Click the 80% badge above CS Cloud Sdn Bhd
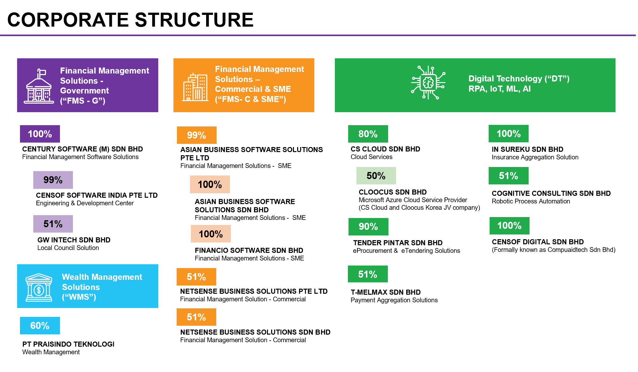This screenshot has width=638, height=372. click(368, 134)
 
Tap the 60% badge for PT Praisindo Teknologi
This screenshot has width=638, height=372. click(40, 325)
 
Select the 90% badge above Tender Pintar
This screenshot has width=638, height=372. click(368, 227)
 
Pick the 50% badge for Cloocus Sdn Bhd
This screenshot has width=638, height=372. click(376, 176)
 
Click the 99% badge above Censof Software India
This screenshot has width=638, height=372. click(53, 180)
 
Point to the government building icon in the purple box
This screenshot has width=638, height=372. click(39, 86)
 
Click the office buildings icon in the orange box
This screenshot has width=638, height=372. click(195, 87)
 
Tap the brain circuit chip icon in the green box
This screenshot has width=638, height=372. click(428, 83)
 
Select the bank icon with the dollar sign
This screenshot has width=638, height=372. click(39, 287)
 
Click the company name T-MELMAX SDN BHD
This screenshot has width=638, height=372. click(386, 292)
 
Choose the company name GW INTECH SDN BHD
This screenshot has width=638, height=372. click(74, 240)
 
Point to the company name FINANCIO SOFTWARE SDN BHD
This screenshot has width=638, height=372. click(249, 250)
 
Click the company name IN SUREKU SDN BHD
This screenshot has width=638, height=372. click(527, 149)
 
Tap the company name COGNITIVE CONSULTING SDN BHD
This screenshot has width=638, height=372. click(551, 193)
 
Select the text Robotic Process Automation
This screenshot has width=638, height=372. click(531, 201)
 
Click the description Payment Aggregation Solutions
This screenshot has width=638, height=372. click(394, 300)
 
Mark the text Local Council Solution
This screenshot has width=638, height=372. click(68, 248)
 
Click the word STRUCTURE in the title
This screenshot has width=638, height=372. click(194, 20)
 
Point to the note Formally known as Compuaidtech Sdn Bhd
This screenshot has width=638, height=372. click(554, 250)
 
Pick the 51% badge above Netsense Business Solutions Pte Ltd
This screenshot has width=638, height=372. click(196, 277)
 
